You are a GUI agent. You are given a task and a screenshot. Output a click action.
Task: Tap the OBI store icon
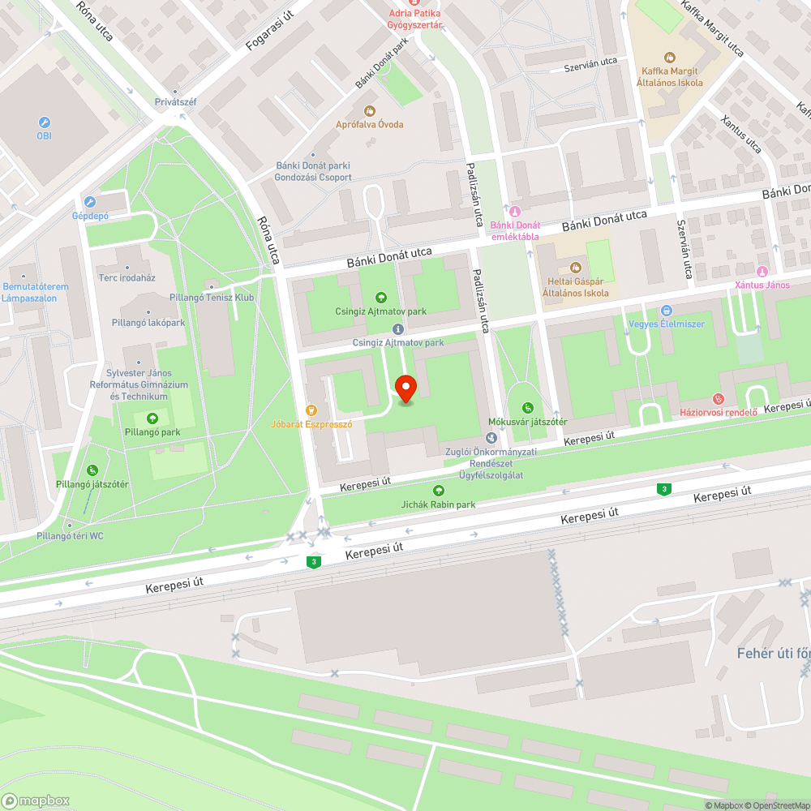[44, 122]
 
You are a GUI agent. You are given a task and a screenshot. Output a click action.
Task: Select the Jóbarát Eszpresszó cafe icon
[311, 410]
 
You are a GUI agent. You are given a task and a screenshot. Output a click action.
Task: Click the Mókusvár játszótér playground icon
[528, 408]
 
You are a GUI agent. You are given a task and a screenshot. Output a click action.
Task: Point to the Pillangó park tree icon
[152, 418]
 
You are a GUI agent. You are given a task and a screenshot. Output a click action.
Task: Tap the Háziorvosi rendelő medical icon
[718, 398]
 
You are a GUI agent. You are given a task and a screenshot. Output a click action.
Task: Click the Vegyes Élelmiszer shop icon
[667, 311]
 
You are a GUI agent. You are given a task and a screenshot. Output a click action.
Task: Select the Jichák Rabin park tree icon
[439, 491]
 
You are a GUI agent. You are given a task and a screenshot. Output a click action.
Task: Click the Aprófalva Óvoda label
[370, 124]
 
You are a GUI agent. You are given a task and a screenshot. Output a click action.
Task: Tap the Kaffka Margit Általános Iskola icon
[669, 58]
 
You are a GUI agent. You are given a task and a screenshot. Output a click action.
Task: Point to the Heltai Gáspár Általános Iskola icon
[576, 268]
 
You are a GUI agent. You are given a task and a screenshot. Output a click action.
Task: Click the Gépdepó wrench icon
[90, 203]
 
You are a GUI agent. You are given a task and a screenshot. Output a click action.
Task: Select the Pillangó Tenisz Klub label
[212, 298]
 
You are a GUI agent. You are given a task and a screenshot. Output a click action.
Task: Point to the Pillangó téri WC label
[70, 536]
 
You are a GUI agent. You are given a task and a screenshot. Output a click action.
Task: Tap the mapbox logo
[36, 800]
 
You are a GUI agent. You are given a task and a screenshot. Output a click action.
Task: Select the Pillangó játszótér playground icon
[92, 470]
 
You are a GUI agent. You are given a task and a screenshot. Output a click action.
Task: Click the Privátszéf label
[176, 102]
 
